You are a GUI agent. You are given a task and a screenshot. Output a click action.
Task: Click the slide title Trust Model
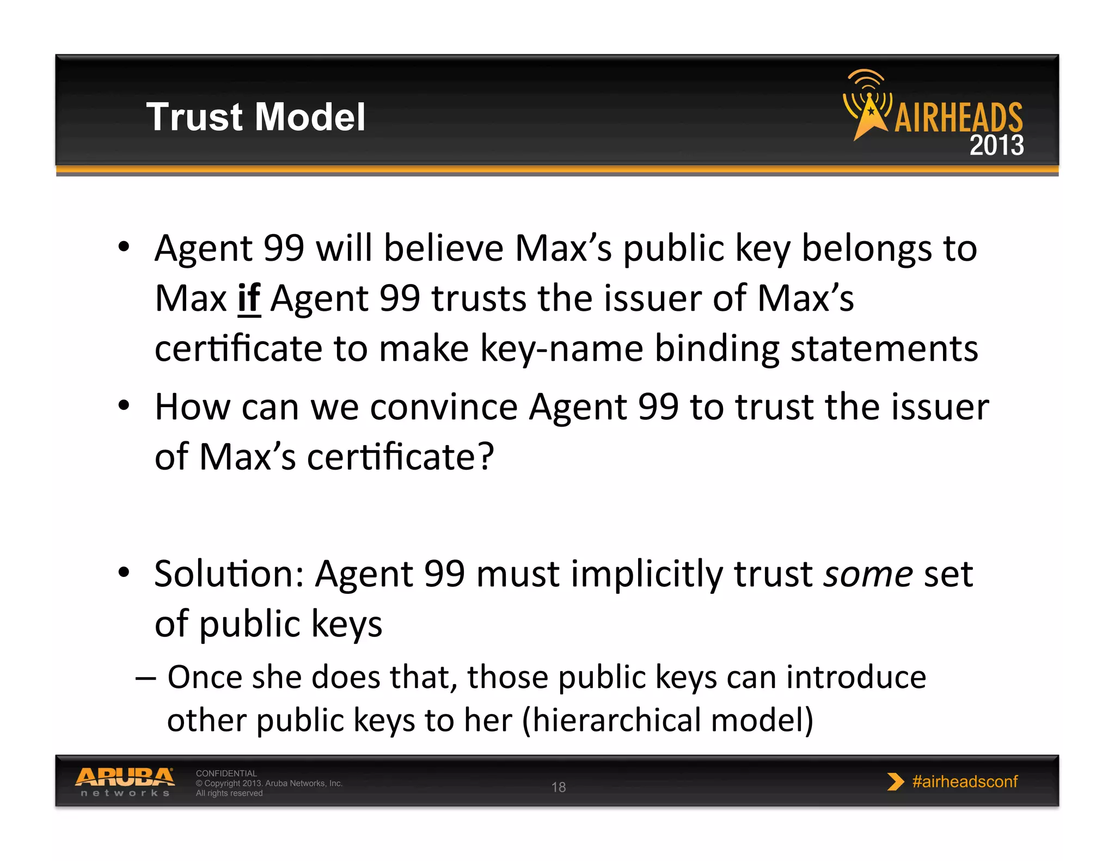[x=255, y=117]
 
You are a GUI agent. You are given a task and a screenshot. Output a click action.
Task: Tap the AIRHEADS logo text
[x=958, y=118]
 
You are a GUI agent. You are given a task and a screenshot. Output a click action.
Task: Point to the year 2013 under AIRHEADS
[x=996, y=145]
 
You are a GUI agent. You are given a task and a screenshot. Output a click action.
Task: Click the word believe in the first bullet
[x=444, y=248]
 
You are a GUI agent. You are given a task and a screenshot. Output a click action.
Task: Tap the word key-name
[x=561, y=348]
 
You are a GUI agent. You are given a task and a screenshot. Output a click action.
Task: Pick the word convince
[x=444, y=407]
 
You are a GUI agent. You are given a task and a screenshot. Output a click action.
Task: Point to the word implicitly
[x=646, y=575]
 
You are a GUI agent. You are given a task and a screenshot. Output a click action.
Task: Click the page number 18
[x=559, y=787]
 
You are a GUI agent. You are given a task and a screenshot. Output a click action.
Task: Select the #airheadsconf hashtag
[x=965, y=782]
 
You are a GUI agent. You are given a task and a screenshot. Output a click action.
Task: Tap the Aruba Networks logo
[x=125, y=782]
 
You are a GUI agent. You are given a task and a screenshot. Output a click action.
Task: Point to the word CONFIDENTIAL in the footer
[x=226, y=773]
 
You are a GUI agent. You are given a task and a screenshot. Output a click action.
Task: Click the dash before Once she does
[x=145, y=678]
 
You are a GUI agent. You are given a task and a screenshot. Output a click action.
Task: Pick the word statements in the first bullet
[x=884, y=348]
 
